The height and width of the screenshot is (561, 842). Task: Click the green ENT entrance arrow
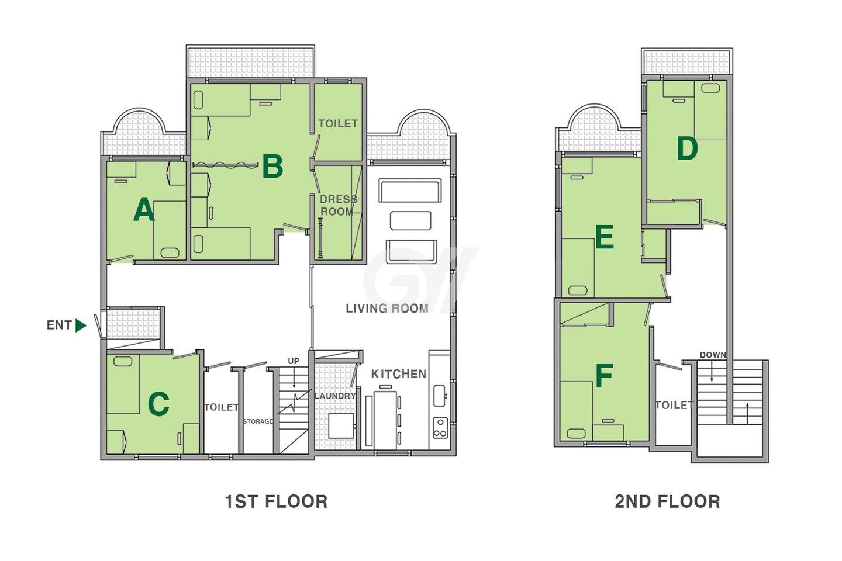[81, 325]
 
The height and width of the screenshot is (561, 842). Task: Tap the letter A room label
[144, 210]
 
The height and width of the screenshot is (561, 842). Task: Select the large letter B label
[272, 167]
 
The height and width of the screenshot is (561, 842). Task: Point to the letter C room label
[158, 404]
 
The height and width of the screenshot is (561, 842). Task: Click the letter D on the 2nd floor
[687, 148]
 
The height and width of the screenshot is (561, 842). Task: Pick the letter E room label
[605, 237]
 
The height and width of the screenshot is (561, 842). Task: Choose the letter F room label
[605, 376]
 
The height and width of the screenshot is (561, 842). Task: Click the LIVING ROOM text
[387, 309]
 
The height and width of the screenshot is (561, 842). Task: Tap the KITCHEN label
[399, 374]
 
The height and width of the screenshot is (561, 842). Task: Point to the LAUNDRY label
[335, 396]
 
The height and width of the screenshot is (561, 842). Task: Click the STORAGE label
[258, 421]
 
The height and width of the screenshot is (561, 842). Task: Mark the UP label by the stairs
[294, 361]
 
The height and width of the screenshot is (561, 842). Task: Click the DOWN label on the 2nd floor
[713, 355]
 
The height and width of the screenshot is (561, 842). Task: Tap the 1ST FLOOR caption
[276, 501]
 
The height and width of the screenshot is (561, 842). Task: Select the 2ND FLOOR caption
[668, 501]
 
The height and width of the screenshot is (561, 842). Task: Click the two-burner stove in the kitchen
[440, 428]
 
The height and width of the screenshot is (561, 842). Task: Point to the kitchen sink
[440, 396]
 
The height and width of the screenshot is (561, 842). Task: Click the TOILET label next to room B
[339, 124]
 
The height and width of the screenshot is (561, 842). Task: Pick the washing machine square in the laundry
[341, 426]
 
